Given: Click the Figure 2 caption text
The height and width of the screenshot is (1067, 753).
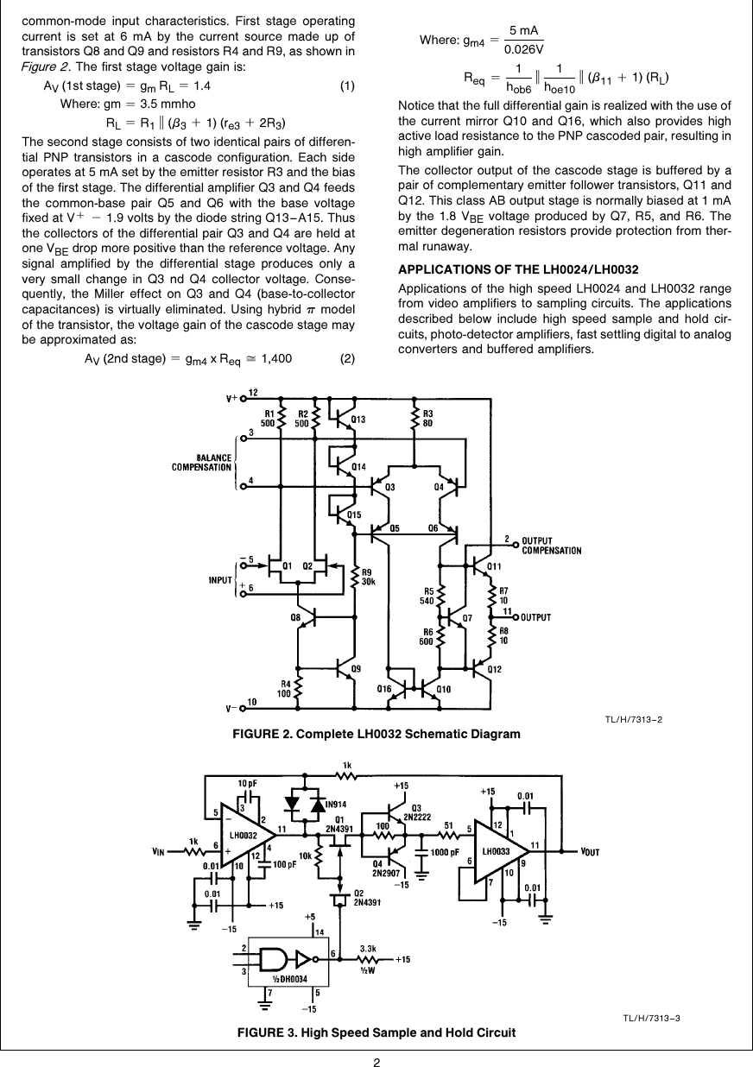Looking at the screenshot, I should pyautogui.click(x=377, y=734).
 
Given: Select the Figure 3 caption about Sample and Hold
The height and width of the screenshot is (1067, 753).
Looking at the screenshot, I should pyautogui.click(x=377, y=1032).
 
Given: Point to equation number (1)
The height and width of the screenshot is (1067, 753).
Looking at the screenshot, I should pyautogui.click(x=347, y=86).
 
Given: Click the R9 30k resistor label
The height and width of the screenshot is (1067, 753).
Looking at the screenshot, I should pyautogui.click(x=366, y=577).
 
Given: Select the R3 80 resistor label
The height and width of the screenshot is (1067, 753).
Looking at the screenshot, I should pyautogui.click(x=428, y=418).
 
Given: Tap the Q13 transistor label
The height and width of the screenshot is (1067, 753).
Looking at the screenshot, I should pyautogui.click(x=357, y=420).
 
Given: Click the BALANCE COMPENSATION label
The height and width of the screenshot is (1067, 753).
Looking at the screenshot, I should pyautogui.click(x=202, y=463).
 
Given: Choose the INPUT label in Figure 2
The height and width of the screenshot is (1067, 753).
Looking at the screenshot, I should pyautogui.click(x=222, y=580).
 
